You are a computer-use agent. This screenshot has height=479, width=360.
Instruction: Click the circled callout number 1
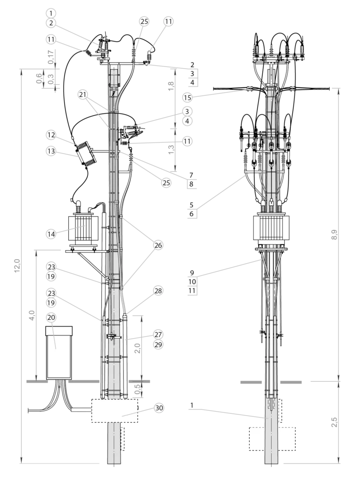coord(51,13)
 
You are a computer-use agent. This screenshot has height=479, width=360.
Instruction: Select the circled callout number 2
coord(51,22)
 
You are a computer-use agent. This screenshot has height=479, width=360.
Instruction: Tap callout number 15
coord(187,98)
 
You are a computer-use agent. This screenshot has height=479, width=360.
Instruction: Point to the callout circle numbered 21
coord(83,95)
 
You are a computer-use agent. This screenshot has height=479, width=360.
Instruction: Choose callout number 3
coord(187,111)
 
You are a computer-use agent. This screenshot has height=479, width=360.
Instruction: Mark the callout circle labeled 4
coord(187,121)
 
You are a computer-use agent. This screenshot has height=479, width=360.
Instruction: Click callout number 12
coord(51,135)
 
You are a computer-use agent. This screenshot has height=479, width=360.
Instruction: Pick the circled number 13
coord(51,151)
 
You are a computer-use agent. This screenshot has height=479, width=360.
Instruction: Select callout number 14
coord(51,233)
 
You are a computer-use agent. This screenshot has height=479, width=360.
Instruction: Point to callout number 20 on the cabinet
coord(51,318)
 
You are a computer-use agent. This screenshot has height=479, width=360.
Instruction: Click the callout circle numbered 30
coord(159,408)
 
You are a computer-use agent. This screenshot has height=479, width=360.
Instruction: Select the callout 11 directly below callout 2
coord(51,39)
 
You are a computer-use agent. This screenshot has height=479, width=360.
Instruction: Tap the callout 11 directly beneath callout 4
coord(187,140)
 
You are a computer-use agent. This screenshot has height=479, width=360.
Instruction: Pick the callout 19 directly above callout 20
coord(51,303)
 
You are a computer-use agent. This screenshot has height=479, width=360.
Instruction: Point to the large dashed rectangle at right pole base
coord(271,439)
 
